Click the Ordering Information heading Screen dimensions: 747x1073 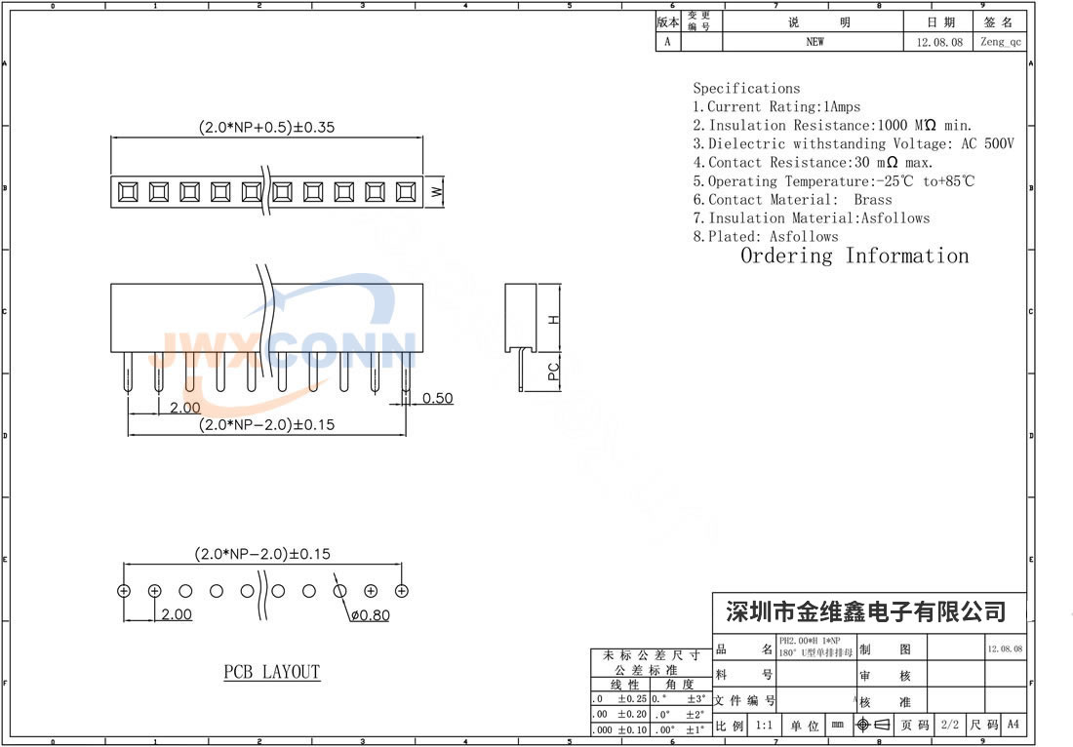click(x=854, y=256)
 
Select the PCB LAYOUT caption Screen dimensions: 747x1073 click(x=272, y=672)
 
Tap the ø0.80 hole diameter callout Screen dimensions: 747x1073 click(x=369, y=615)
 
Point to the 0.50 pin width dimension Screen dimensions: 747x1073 click(x=438, y=398)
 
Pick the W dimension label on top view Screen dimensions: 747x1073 click(x=437, y=192)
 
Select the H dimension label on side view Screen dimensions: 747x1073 click(x=553, y=319)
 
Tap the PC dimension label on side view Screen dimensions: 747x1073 click(x=553, y=371)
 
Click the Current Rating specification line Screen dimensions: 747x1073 click(x=776, y=106)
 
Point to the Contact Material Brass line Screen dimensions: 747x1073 click(x=792, y=199)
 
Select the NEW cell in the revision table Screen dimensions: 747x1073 click(x=815, y=42)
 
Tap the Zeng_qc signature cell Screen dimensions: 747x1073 click(x=1001, y=42)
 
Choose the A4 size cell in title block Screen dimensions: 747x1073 click(x=1013, y=725)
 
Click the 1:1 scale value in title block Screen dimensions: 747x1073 click(x=764, y=725)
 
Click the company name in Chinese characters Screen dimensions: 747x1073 click(x=866, y=612)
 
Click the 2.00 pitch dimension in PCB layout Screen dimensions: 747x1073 click(x=177, y=615)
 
